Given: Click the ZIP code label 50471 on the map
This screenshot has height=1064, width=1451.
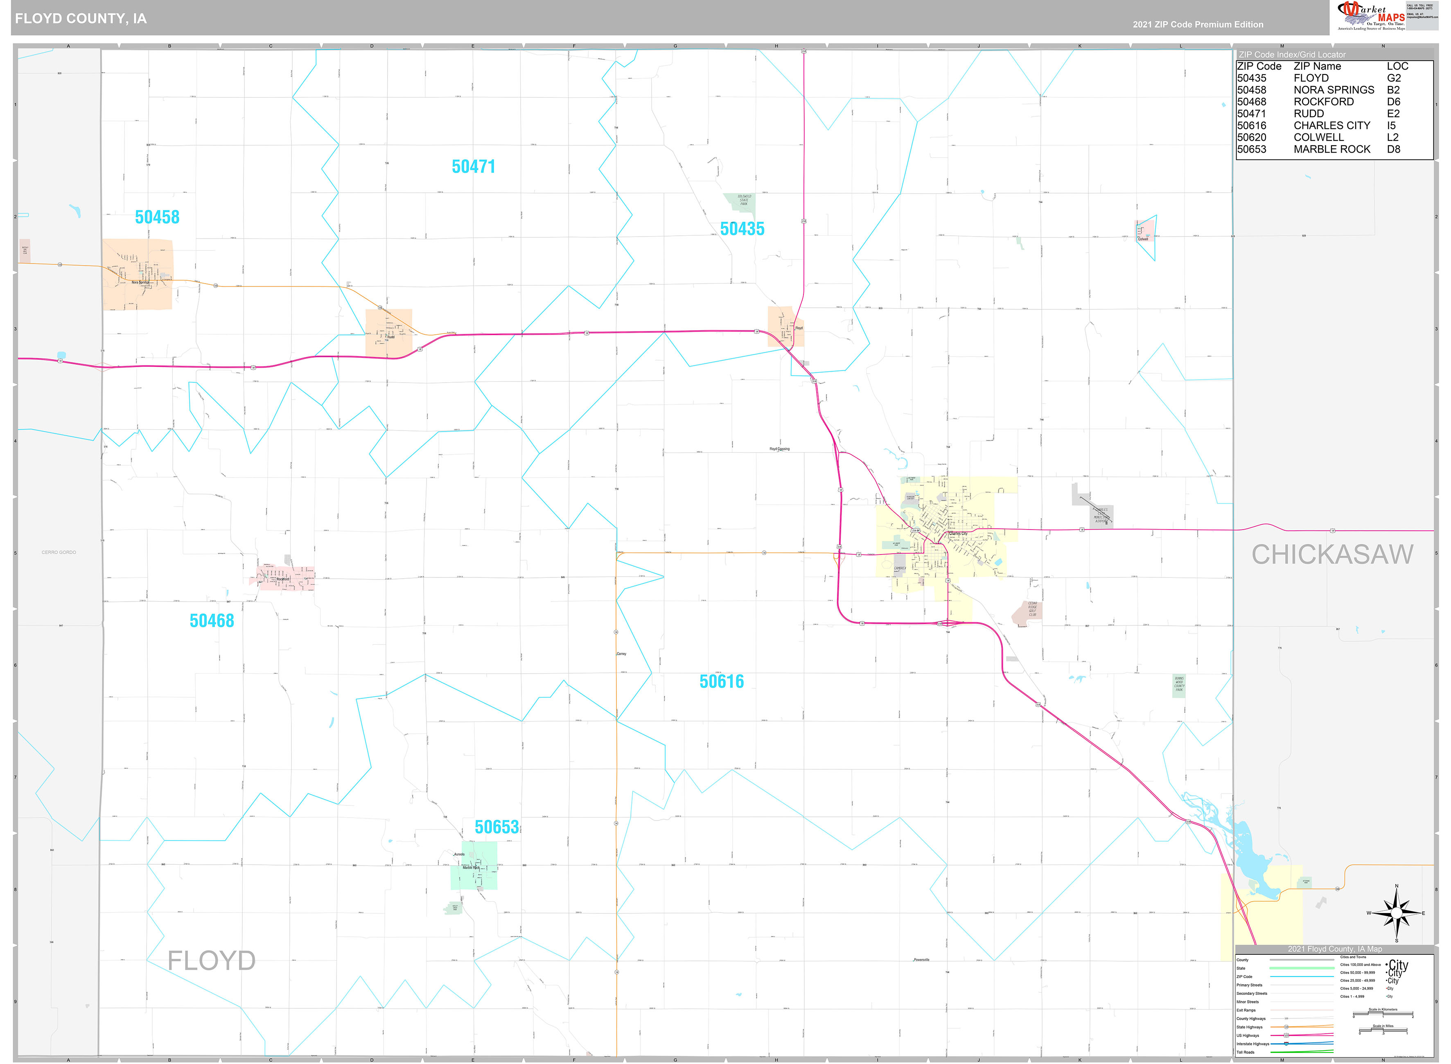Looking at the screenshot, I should (473, 167).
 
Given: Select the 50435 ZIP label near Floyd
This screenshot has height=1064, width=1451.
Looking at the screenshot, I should (742, 229).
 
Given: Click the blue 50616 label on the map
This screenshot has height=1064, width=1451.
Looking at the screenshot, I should (721, 681).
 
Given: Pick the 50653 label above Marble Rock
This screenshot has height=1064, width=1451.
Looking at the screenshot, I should (496, 827).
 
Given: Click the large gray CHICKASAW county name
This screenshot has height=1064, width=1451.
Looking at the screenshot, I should (1332, 555).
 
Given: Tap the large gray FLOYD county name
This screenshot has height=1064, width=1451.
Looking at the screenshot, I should (211, 961).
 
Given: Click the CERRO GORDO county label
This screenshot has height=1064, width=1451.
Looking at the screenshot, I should (59, 552).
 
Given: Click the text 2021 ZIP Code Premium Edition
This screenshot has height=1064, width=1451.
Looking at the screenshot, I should (1198, 25).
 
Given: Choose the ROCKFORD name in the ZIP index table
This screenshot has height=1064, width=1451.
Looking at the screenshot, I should (1323, 102).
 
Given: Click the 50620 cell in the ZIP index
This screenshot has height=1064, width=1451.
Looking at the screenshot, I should (1251, 137).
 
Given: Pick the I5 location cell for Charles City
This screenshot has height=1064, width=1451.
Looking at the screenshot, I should (1391, 126).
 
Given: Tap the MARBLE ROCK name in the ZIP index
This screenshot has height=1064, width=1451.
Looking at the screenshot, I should (1332, 149).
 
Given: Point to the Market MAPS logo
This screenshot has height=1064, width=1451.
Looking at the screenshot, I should (1372, 16).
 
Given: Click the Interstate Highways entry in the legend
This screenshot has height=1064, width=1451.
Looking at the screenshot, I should (1252, 1044).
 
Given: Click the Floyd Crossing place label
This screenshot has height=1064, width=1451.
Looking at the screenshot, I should (779, 449).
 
